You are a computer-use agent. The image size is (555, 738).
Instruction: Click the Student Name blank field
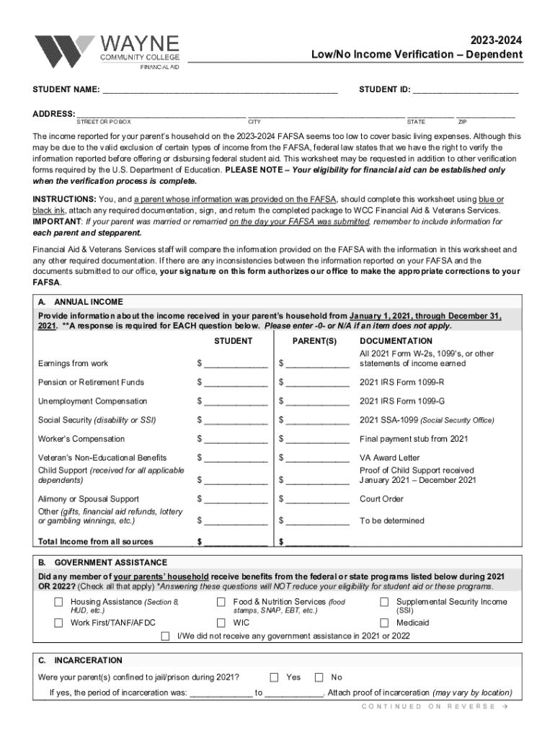[219, 90]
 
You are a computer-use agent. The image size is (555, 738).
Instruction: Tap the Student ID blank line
[465, 90]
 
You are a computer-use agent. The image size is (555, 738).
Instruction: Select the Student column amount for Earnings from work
[236, 364]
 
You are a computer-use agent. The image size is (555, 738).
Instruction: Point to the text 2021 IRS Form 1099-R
[402, 383]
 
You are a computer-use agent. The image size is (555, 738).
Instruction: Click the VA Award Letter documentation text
[389, 458]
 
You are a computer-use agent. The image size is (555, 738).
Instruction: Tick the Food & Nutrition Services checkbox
[222, 603]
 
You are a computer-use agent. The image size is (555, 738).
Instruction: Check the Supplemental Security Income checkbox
[385, 603]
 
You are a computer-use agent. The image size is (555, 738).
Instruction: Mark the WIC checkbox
[222, 623]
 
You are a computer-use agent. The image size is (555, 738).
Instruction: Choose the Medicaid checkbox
[385, 623]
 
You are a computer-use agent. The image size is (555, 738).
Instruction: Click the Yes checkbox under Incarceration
[275, 677]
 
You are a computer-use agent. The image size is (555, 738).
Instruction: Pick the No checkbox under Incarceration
[319, 677]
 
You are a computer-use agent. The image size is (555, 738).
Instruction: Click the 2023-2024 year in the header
[497, 41]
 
